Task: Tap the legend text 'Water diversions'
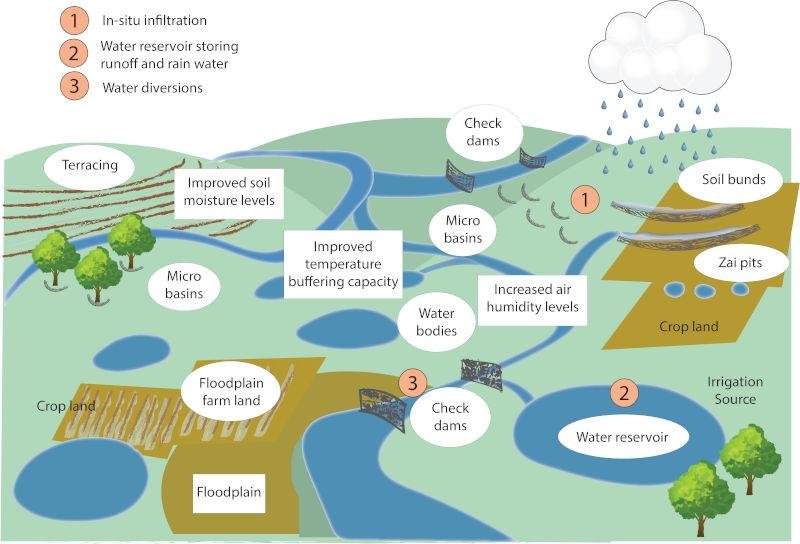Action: (x=152, y=87)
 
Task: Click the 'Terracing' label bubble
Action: (x=90, y=166)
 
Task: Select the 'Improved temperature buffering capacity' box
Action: (x=342, y=263)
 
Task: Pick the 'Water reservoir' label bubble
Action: (x=621, y=436)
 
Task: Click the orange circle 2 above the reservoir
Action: (x=624, y=392)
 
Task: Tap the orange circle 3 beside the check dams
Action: (x=412, y=382)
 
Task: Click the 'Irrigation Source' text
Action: (x=735, y=390)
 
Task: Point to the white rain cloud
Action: (x=660, y=50)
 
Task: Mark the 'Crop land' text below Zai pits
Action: (x=689, y=327)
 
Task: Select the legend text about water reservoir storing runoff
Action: (x=169, y=54)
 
